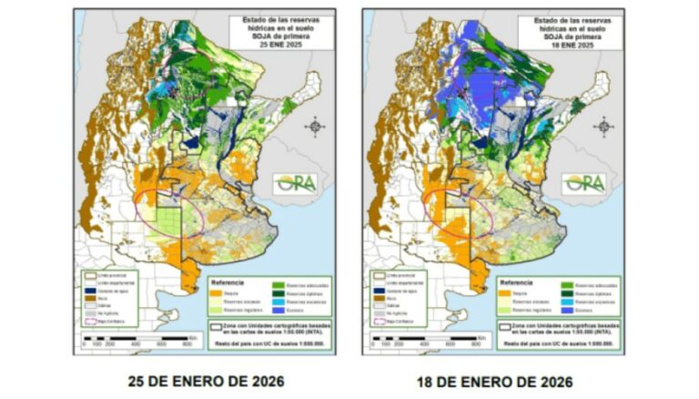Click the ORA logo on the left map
click(297, 183)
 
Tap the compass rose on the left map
click(315, 127)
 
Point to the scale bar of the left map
click(137, 339)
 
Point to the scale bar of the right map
click(423, 339)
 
